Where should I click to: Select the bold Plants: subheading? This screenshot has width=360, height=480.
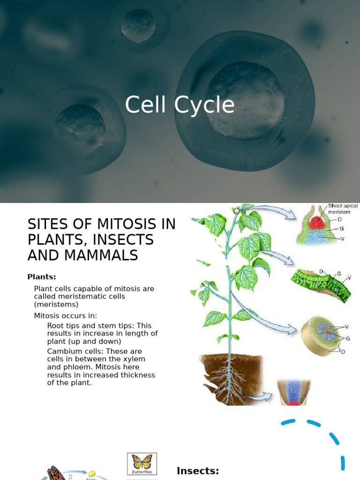[41, 277]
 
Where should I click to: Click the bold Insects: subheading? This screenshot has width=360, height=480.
[198, 471]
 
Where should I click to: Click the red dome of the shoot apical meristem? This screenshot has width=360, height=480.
[317, 222]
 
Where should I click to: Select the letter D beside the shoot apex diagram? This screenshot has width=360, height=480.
[340, 219]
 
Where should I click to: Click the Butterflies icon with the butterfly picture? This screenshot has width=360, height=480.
[142, 464]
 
